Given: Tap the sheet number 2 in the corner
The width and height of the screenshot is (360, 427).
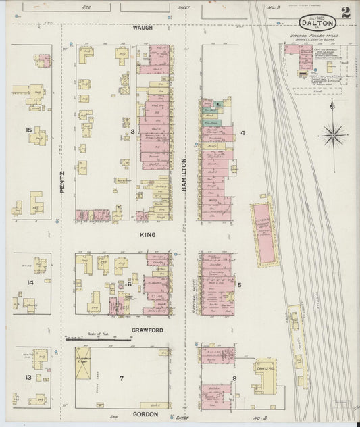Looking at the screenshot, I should (x=346, y=11).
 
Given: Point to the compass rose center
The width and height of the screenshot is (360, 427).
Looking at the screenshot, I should (x=333, y=135).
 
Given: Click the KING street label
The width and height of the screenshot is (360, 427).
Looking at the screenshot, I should (x=147, y=234).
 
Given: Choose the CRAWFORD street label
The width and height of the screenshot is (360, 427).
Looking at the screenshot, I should (x=147, y=330).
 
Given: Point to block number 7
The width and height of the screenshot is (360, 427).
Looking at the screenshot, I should (x=122, y=377).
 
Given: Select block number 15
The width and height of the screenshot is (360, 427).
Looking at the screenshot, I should (x=28, y=129).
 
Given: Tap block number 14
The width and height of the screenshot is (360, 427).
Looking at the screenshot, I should (x=30, y=282).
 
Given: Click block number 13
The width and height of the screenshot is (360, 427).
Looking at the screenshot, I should (x=28, y=376).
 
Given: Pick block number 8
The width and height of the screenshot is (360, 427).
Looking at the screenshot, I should (x=235, y=378).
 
